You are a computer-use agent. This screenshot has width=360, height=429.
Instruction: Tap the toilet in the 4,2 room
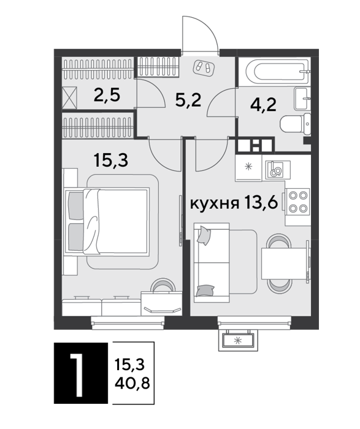click(296, 124)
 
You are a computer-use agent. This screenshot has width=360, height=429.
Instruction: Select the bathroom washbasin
click(302, 98)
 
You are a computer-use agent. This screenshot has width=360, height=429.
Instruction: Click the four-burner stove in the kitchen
click(298, 202)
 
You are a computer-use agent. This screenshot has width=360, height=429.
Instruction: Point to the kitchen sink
click(276, 170)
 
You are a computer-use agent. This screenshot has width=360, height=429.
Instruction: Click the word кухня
click(215, 203)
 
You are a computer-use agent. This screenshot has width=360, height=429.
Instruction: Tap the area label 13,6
click(262, 203)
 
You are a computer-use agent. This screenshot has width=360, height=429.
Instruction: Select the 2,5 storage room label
click(107, 96)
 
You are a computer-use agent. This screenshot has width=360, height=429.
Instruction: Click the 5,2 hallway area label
click(188, 100)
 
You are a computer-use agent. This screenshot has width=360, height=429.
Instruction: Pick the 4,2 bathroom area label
click(263, 104)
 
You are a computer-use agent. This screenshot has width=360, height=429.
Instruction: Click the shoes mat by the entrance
click(204, 67)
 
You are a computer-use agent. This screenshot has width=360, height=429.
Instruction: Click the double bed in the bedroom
click(107, 221)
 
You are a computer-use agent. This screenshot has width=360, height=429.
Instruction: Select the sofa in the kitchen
click(212, 263)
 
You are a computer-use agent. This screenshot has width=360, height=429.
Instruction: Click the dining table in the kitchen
click(285, 264)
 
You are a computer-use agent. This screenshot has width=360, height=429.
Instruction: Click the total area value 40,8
click(132, 383)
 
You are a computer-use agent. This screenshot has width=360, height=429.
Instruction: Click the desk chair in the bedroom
click(164, 286)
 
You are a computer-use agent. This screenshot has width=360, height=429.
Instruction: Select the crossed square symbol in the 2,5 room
click(69, 97)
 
